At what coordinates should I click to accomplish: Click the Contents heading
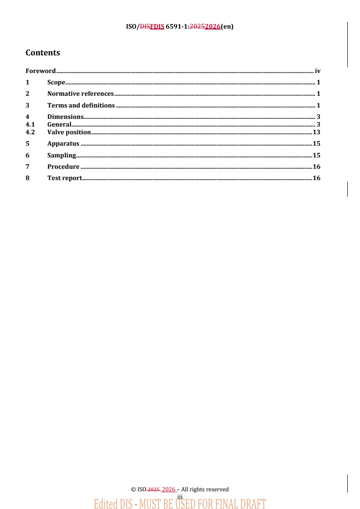point(43,53)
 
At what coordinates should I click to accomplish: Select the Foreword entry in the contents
point(40,71)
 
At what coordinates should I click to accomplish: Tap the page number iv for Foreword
point(318,71)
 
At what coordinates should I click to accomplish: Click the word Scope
point(56,83)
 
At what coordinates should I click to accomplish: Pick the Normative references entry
point(80,94)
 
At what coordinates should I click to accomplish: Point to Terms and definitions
point(81,105)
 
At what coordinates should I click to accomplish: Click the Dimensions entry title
point(65,117)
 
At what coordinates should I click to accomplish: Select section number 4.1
point(30,124)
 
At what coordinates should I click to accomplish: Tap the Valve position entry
point(69,132)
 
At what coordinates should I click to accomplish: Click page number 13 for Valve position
point(316,132)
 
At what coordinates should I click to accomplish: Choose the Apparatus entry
point(63,144)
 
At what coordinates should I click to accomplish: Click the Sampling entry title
point(62,156)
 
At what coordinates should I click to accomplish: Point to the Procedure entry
point(63,167)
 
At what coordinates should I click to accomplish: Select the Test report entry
point(64,178)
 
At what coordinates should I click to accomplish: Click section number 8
point(28,178)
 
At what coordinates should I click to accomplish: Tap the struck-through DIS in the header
point(145,26)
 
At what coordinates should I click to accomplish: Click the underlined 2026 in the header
point(212,26)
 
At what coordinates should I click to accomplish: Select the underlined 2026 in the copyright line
point(169,489)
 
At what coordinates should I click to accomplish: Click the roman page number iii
point(180,497)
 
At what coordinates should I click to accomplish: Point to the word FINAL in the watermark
point(211,504)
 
